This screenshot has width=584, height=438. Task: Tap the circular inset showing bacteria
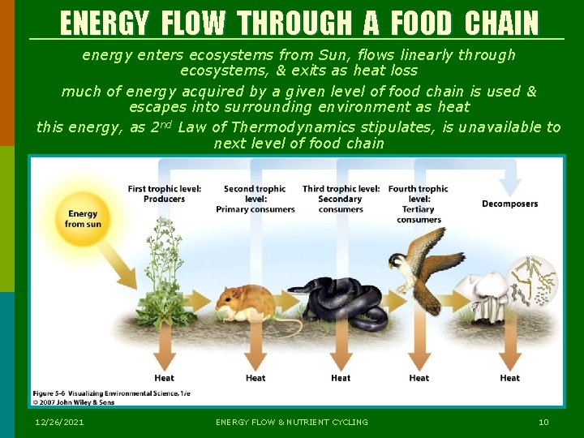(x=533, y=280)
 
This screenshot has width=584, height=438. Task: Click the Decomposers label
(x=509, y=204)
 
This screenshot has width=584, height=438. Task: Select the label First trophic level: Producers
(x=165, y=194)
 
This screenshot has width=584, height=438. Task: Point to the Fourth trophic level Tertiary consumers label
(x=419, y=204)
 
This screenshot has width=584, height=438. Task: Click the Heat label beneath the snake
(x=341, y=378)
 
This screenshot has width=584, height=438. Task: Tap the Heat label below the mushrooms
(x=509, y=378)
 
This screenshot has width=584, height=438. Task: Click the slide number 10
(x=543, y=422)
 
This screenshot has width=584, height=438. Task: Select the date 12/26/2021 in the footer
(x=59, y=422)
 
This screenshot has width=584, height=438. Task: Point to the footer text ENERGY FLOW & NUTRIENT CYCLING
(x=292, y=422)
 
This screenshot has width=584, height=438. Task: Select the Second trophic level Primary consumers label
(x=255, y=199)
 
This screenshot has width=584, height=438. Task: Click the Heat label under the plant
(x=165, y=378)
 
